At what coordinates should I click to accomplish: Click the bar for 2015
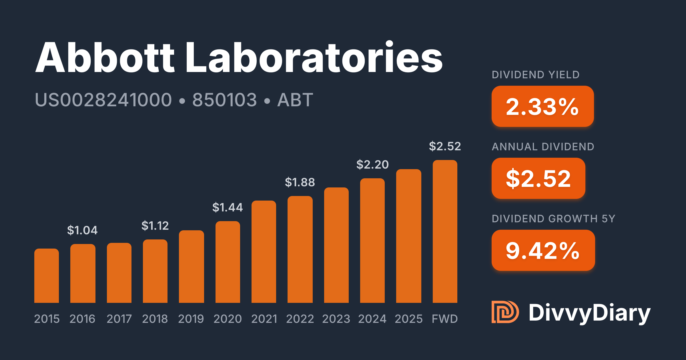pyautogui.click(x=47, y=276)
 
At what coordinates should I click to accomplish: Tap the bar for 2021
pyautogui.click(x=264, y=252)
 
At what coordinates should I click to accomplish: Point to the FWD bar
pyautogui.click(x=445, y=231)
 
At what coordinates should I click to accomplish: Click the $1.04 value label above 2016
pyautogui.click(x=82, y=230)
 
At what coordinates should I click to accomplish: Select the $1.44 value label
pyautogui.click(x=228, y=207)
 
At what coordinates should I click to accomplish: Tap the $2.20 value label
pyautogui.click(x=372, y=165)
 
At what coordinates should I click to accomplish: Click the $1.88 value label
pyautogui.click(x=300, y=182)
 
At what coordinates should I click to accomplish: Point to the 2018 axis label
pyautogui.click(x=155, y=319)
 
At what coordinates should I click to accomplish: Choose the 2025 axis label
pyautogui.click(x=408, y=319)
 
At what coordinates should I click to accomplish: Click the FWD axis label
pyautogui.click(x=445, y=319)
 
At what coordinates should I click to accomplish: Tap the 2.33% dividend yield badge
pyautogui.click(x=543, y=106)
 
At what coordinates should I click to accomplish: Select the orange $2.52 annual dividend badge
pyautogui.click(x=538, y=178)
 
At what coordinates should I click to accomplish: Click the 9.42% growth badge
pyautogui.click(x=543, y=250)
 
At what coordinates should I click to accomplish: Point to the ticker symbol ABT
pyautogui.click(x=295, y=100)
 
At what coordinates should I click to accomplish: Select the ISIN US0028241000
pyautogui.click(x=103, y=100)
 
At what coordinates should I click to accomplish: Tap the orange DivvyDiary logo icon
pyautogui.click(x=505, y=312)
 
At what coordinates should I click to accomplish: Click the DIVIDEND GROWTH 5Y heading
pyautogui.click(x=553, y=219)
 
